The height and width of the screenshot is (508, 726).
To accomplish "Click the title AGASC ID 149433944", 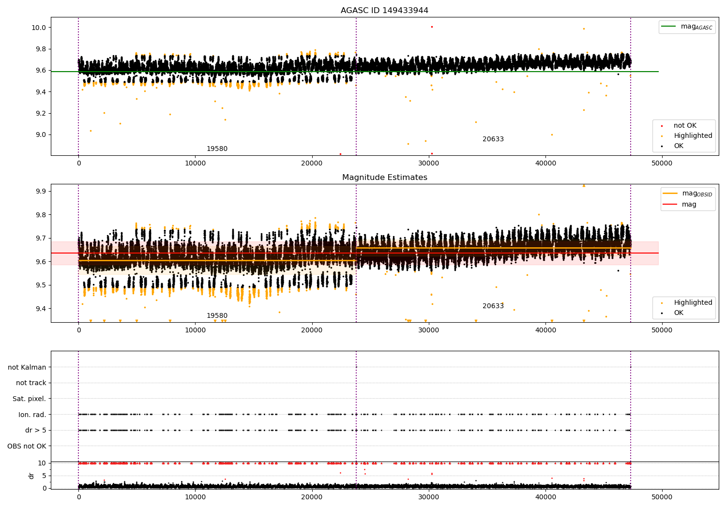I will pos(384,11).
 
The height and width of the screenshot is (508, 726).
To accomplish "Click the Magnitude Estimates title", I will pos(384,178).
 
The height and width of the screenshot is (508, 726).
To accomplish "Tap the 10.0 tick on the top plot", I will pos(39,28).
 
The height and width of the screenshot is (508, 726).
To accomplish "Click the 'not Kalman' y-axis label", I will pos(27,367).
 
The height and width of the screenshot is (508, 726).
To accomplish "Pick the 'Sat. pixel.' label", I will pos(29,399).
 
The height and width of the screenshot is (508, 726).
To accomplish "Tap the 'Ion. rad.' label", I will pos(32,415).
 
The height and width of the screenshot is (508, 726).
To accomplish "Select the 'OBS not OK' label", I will pos(27,446).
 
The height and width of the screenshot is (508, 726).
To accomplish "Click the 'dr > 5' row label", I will pos(35,430).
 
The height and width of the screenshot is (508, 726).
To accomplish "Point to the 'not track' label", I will pos(31,383).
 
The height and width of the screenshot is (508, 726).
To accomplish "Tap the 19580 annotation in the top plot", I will pos(217,149).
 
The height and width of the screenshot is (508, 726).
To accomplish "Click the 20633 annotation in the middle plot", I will pos(493,306).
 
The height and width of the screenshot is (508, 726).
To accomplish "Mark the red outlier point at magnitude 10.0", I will pos(432,27).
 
